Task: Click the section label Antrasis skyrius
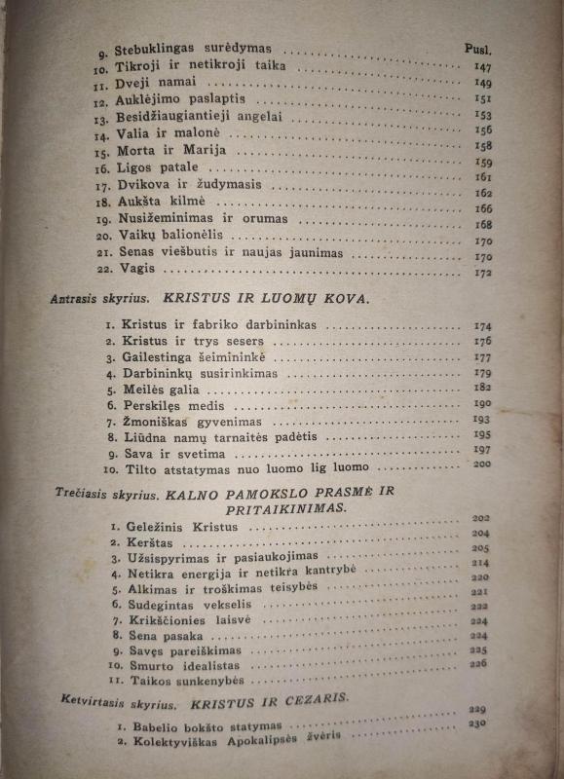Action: point(94,300)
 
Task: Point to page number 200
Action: point(480,464)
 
